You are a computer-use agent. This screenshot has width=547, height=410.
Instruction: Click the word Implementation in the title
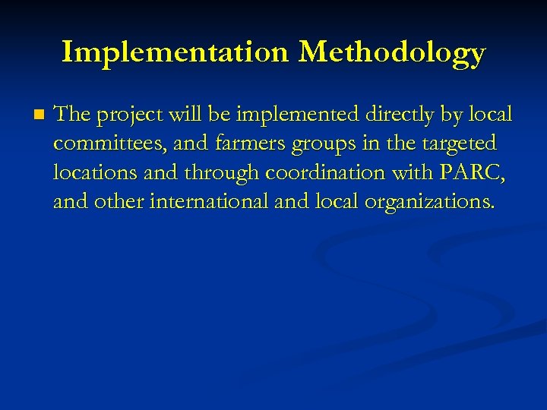[x=175, y=52]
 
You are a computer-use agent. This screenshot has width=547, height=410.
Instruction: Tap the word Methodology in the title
[x=391, y=53]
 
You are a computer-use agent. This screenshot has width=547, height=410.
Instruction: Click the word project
[x=129, y=115]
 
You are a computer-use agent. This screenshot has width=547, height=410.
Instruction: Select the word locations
[x=95, y=173]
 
